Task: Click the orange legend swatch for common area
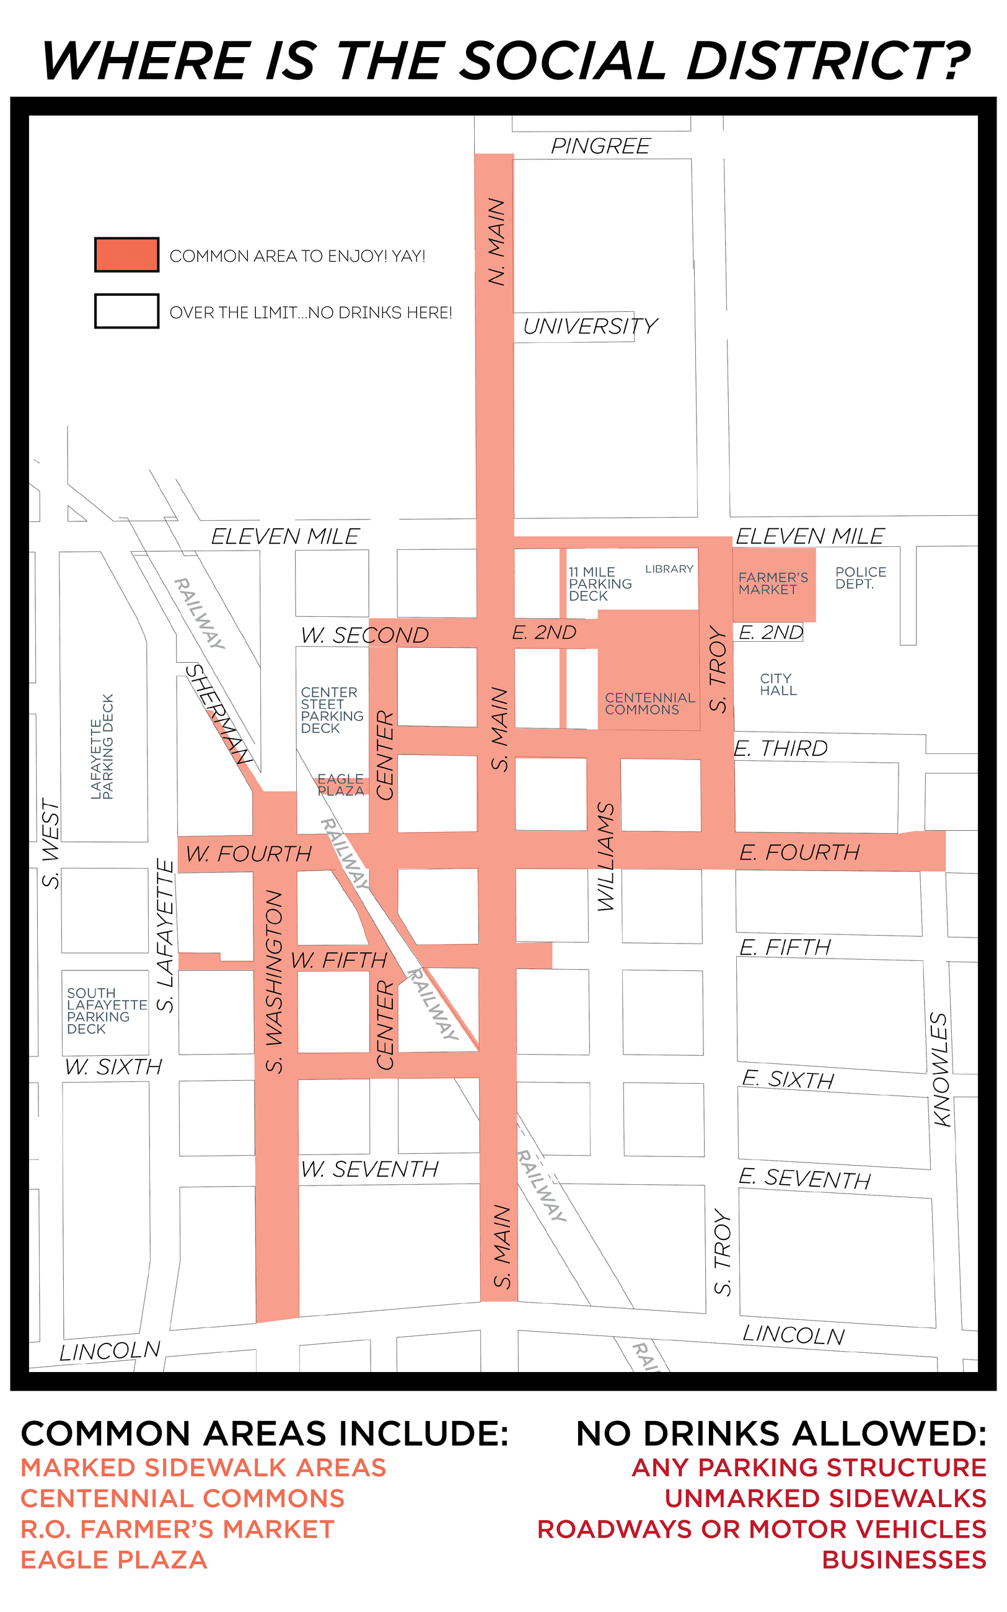coord(126,254)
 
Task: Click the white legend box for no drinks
coord(126,311)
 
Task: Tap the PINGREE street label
coord(600,146)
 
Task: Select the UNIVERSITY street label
coord(590,326)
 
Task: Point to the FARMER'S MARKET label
coord(773,583)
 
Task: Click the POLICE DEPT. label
coord(861,578)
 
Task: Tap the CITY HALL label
coord(778,684)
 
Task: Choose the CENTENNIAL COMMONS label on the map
coord(649,704)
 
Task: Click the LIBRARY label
coord(669,569)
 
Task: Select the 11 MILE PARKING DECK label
coord(599,584)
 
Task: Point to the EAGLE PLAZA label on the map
coord(340,786)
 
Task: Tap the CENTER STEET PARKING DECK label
coord(332,711)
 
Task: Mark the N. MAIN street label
coord(497,242)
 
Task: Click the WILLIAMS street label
coord(605,857)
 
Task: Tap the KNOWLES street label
coord(939,1069)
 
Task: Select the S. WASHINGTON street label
coord(275,982)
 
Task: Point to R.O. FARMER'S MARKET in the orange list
coord(177,1530)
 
